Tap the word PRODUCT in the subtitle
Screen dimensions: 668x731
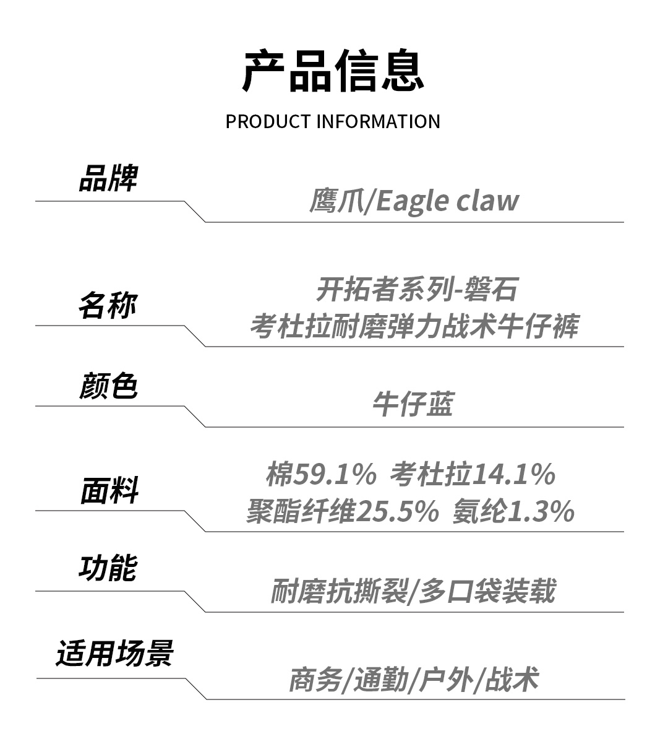click(x=267, y=121)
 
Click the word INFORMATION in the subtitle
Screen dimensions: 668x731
click(x=378, y=121)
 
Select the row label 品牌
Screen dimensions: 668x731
click(x=108, y=179)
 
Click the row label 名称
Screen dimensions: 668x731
click(x=108, y=305)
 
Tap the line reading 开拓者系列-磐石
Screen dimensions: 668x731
click(x=416, y=290)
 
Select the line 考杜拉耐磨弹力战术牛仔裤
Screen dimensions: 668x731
click(x=414, y=326)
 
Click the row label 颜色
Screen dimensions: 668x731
click(x=108, y=386)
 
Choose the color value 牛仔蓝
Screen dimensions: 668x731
click(x=413, y=405)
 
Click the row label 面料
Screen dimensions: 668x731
click(x=109, y=491)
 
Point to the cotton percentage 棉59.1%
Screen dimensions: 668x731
click(x=321, y=475)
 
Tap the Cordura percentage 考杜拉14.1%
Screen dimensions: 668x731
click(x=473, y=475)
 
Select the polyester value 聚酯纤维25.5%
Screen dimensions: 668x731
click(x=342, y=512)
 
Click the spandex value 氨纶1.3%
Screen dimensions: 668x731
click(x=513, y=512)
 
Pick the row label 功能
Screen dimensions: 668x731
click(x=108, y=569)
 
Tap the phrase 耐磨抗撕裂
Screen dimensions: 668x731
click(x=339, y=592)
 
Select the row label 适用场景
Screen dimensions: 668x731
click(x=114, y=654)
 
